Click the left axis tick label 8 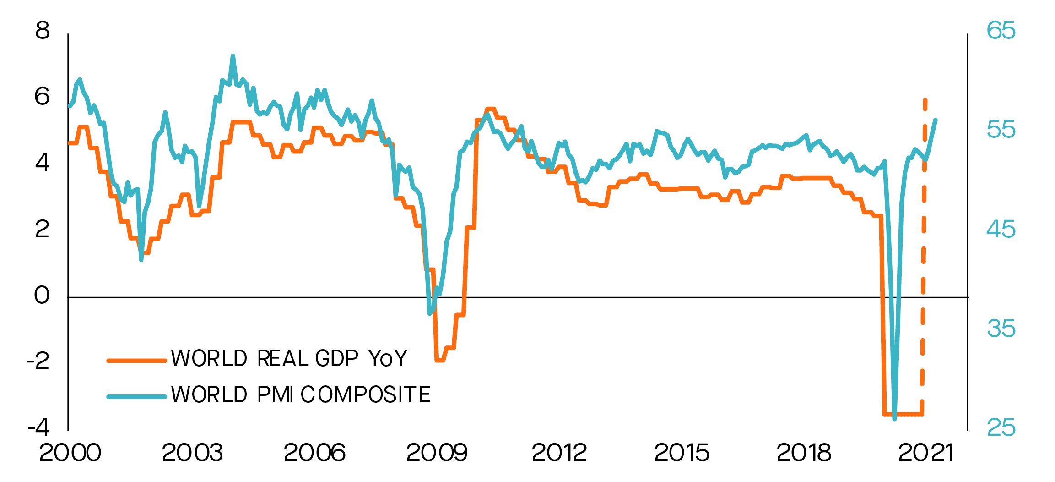[x=42, y=31]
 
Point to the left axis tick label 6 [x=42, y=97]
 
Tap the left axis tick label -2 [x=38, y=361]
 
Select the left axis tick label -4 [x=38, y=427]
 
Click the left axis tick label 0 [x=42, y=295]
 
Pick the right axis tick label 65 [x=1001, y=31]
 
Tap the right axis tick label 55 [x=1001, y=130]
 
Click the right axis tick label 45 [x=1001, y=229]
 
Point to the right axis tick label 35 [x=1001, y=329]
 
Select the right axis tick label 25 [x=1001, y=427]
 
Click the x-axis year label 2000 [x=70, y=453]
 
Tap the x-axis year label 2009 [x=437, y=453]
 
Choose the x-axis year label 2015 [x=682, y=453]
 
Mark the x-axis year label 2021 [x=925, y=453]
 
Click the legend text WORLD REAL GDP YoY [x=289, y=358]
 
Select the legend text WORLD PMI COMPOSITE [x=301, y=394]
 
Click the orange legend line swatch [x=136, y=361]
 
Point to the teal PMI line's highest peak [x=233, y=56]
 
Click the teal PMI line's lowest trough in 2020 [x=894, y=418]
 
